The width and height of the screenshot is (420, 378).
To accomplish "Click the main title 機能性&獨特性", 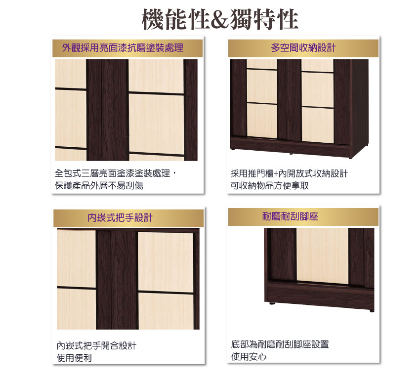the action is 220,19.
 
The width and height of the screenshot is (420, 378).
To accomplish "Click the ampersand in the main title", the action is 220,20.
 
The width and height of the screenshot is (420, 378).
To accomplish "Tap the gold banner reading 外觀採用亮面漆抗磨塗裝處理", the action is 127,48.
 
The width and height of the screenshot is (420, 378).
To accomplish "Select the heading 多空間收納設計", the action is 303,48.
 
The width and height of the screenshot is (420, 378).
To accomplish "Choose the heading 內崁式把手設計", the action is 120,218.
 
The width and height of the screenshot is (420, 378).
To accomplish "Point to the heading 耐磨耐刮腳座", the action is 290,216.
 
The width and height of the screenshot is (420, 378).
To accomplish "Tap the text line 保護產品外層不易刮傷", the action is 99,185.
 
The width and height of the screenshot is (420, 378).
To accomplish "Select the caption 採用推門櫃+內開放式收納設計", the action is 289,173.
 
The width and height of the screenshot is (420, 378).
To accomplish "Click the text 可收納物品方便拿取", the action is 269,185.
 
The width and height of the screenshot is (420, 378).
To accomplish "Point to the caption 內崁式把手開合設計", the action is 96,345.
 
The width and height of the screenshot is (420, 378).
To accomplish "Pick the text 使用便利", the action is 74,358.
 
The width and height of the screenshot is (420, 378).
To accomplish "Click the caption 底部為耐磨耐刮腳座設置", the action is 280,344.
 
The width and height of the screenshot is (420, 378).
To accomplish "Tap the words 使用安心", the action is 249,357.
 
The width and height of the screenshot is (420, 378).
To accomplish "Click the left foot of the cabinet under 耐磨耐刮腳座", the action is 272,304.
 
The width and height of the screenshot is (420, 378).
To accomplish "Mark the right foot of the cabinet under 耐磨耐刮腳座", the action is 372,311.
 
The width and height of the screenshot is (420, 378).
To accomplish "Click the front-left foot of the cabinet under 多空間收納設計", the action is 233,149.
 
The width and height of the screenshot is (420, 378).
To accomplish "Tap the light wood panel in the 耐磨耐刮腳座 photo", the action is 323,255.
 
